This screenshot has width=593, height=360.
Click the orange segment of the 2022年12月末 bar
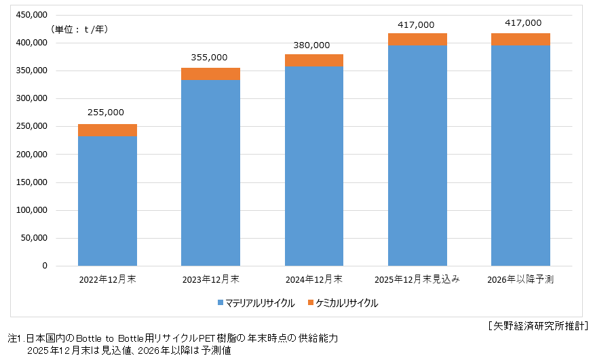tap(107, 130)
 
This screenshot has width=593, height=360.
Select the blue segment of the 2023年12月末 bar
tap(210, 173)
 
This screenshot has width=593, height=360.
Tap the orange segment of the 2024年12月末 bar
tap(314, 60)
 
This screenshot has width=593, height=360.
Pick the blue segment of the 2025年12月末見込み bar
tap(417, 156)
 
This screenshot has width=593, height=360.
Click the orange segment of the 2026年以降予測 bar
tap(520, 39)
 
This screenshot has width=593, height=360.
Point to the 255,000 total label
tap(107, 113)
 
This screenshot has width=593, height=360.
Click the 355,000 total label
tap(210, 57)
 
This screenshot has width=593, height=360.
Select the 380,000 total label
tap(313, 45)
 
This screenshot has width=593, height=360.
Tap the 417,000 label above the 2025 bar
tap(416, 24)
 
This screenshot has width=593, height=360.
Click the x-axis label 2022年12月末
tap(107, 279)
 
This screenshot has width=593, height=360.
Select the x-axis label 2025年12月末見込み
tap(417, 279)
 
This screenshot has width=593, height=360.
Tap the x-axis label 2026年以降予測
tap(520, 279)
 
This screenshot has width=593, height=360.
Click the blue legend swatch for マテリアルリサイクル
tap(221, 303)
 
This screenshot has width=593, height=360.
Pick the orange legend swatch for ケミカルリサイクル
tap(311, 303)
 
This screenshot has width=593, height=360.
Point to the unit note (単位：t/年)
tap(79, 29)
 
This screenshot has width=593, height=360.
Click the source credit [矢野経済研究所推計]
tap(537, 325)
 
